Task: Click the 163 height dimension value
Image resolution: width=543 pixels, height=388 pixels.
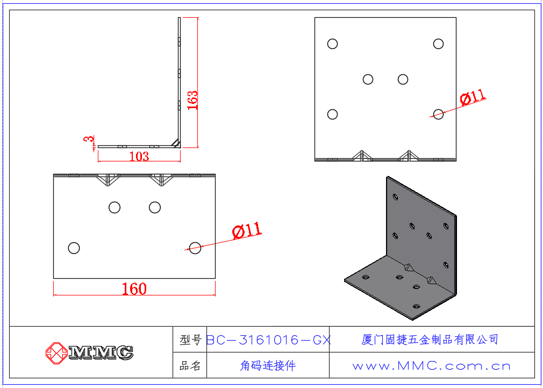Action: (x=192, y=100)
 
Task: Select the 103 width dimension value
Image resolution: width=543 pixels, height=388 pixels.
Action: (x=139, y=157)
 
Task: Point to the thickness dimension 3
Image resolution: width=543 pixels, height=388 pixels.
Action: (x=89, y=139)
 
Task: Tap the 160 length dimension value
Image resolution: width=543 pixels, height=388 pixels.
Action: (x=134, y=289)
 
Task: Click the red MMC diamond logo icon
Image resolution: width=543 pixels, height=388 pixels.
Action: (x=56, y=352)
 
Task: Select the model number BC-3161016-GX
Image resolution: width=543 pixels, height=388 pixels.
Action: (x=269, y=340)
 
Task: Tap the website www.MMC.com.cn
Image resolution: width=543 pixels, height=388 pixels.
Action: (x=432, y=366)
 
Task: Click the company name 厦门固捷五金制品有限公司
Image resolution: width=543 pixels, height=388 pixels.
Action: (x=430, y=339)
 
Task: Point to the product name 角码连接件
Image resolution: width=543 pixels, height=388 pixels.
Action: (x=268, y=365)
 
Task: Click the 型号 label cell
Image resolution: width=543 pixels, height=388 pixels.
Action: (x=190, y=340)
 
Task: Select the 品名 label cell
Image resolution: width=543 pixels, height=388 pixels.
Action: (x=190, y=365)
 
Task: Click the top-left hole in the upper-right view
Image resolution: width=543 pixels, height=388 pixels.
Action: (x=332, y=44)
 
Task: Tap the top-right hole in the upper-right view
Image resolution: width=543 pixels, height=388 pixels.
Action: (x=438, y=44)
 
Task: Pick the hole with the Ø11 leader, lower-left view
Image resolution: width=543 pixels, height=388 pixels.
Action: (x=195, y=248)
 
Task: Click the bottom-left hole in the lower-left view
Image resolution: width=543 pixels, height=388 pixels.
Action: (x=74, y=248)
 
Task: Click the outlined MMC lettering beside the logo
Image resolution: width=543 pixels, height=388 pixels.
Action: (x=101, y=352)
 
